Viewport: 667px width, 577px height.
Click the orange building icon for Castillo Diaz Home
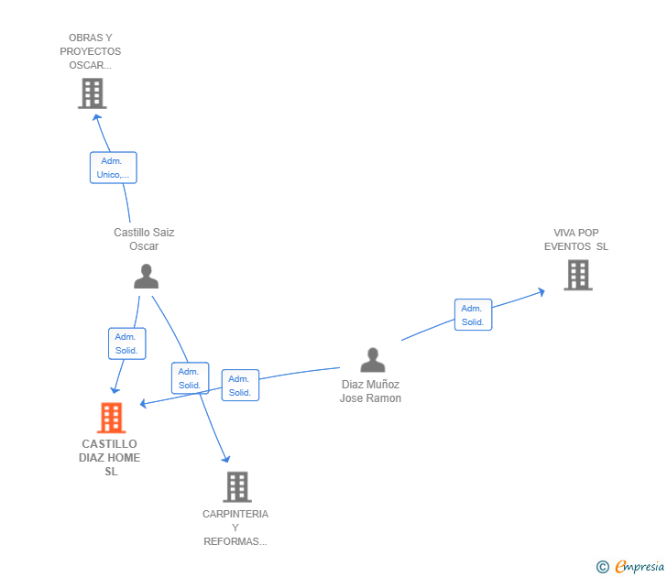(x=111, y=418)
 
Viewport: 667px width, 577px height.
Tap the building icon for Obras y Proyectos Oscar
(x=92, y=93)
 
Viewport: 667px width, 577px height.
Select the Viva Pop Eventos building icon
(x=577, y=275)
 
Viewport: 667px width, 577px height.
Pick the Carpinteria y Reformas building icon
(x=236, y=486)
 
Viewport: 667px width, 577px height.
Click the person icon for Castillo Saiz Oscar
(x=146, y=276)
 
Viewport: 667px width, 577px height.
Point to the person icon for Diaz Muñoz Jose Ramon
(x=372, y=360)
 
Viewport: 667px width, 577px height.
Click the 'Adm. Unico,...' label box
(x=113, y=168)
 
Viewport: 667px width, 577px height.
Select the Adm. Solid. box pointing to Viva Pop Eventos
(x=473, y=315)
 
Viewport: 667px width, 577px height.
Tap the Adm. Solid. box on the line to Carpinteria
(x=190, y=378)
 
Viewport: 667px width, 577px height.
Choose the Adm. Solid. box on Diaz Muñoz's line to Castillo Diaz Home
(x=240, y=386)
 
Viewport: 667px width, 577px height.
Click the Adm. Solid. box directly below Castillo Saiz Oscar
(x=126, y=343)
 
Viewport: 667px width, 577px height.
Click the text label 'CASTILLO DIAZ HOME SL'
(x=110, y=458)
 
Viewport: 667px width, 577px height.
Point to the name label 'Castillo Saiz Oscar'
(x=144, y=239)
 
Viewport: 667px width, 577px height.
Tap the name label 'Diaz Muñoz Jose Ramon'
(x=370, y=391)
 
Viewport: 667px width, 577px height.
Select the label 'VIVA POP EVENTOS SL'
(x=576, y=240)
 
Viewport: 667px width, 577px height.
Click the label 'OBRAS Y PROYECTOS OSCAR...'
(x=91, y=51)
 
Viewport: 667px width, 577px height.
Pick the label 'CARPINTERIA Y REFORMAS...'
(x=235, y=528)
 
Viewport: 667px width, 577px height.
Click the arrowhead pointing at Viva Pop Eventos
(x=541, y=291)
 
